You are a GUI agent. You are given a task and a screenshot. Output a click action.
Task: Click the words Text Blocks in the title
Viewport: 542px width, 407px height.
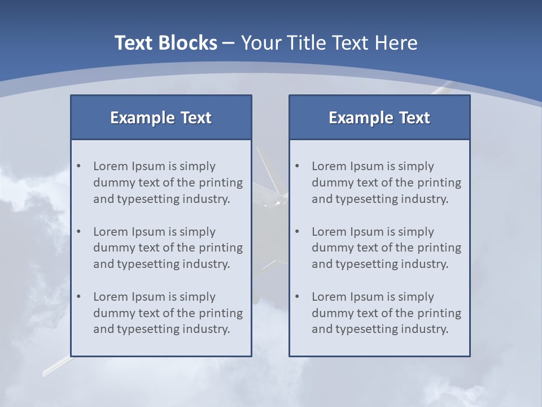click(x=165, y=43)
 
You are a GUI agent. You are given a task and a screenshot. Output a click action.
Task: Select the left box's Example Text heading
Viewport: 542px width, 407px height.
click(x=161, y=118)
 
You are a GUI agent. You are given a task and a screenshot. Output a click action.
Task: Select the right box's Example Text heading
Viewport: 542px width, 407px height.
click(x=379, y=118)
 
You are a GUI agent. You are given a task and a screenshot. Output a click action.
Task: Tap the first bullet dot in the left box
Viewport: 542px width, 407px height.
click(x=78, y=166)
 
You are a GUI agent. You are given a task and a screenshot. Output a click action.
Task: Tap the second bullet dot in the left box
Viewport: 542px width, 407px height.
click(x=78, y=232)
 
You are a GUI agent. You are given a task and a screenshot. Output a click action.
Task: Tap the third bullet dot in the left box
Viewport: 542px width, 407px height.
click(x=78, y=297)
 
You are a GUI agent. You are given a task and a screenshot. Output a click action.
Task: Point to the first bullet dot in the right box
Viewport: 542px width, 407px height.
click(x=297, y=166)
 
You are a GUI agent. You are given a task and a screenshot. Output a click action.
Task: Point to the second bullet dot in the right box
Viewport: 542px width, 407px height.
click(x=297, y=232)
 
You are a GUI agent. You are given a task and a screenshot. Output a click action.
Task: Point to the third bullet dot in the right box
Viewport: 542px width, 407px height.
click(x=297, y=297)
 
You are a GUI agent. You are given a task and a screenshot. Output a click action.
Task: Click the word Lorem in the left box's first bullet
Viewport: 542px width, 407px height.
click(x=110, y=166)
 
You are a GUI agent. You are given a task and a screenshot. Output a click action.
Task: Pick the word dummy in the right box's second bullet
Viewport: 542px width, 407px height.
click(x=331, y=248)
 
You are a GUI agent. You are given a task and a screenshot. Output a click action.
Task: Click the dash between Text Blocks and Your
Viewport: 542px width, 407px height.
click(x=229, y=44)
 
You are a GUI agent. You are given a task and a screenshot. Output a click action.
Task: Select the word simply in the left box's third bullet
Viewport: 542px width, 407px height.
click(x=198, y=297)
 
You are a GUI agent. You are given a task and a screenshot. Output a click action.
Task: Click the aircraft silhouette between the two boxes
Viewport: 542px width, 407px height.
click(x=270, y=203)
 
